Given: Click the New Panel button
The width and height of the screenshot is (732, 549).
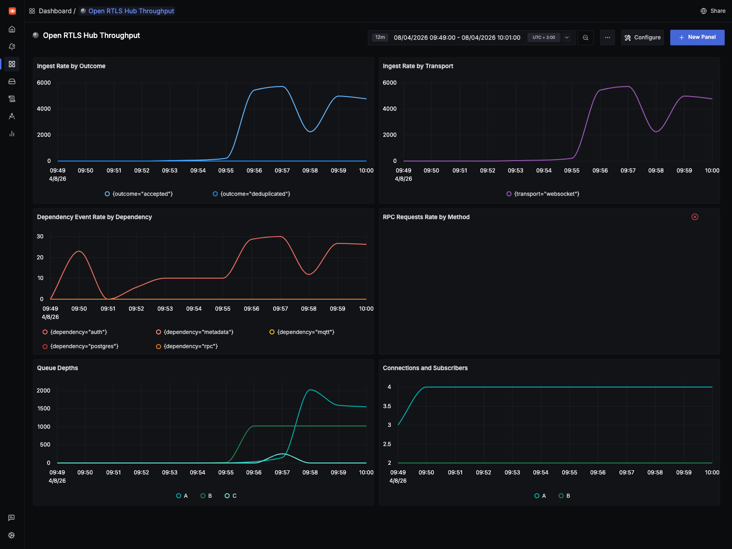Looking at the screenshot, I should [697, 38].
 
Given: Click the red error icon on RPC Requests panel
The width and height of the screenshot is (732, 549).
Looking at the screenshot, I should [694, 217].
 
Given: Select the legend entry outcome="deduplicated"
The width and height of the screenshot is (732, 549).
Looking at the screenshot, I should [252, 194].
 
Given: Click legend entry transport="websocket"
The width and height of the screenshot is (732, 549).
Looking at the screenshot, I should [543, 194].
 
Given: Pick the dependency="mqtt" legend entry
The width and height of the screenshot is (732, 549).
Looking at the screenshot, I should [302, 332].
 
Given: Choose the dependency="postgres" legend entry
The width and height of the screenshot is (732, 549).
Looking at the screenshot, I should [81, 346].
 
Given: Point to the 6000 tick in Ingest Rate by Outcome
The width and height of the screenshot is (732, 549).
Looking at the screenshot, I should [44, 83].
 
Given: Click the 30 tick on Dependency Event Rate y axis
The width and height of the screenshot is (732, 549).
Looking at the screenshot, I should [40, 237].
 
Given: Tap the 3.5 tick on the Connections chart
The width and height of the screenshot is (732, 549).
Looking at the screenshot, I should [387, 406].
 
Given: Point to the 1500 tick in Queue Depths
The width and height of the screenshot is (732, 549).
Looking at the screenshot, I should [44, 409].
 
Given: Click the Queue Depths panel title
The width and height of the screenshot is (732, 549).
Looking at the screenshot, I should [58, 368].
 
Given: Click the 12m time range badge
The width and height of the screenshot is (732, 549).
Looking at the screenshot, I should [380, 38].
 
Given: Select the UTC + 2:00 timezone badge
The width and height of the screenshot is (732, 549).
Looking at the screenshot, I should [544, 38].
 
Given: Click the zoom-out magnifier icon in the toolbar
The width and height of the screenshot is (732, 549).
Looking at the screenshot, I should [586, 38].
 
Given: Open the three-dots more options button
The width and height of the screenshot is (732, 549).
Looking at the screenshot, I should [607, 38].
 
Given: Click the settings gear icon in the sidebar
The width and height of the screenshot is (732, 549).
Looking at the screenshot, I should [12, 535].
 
